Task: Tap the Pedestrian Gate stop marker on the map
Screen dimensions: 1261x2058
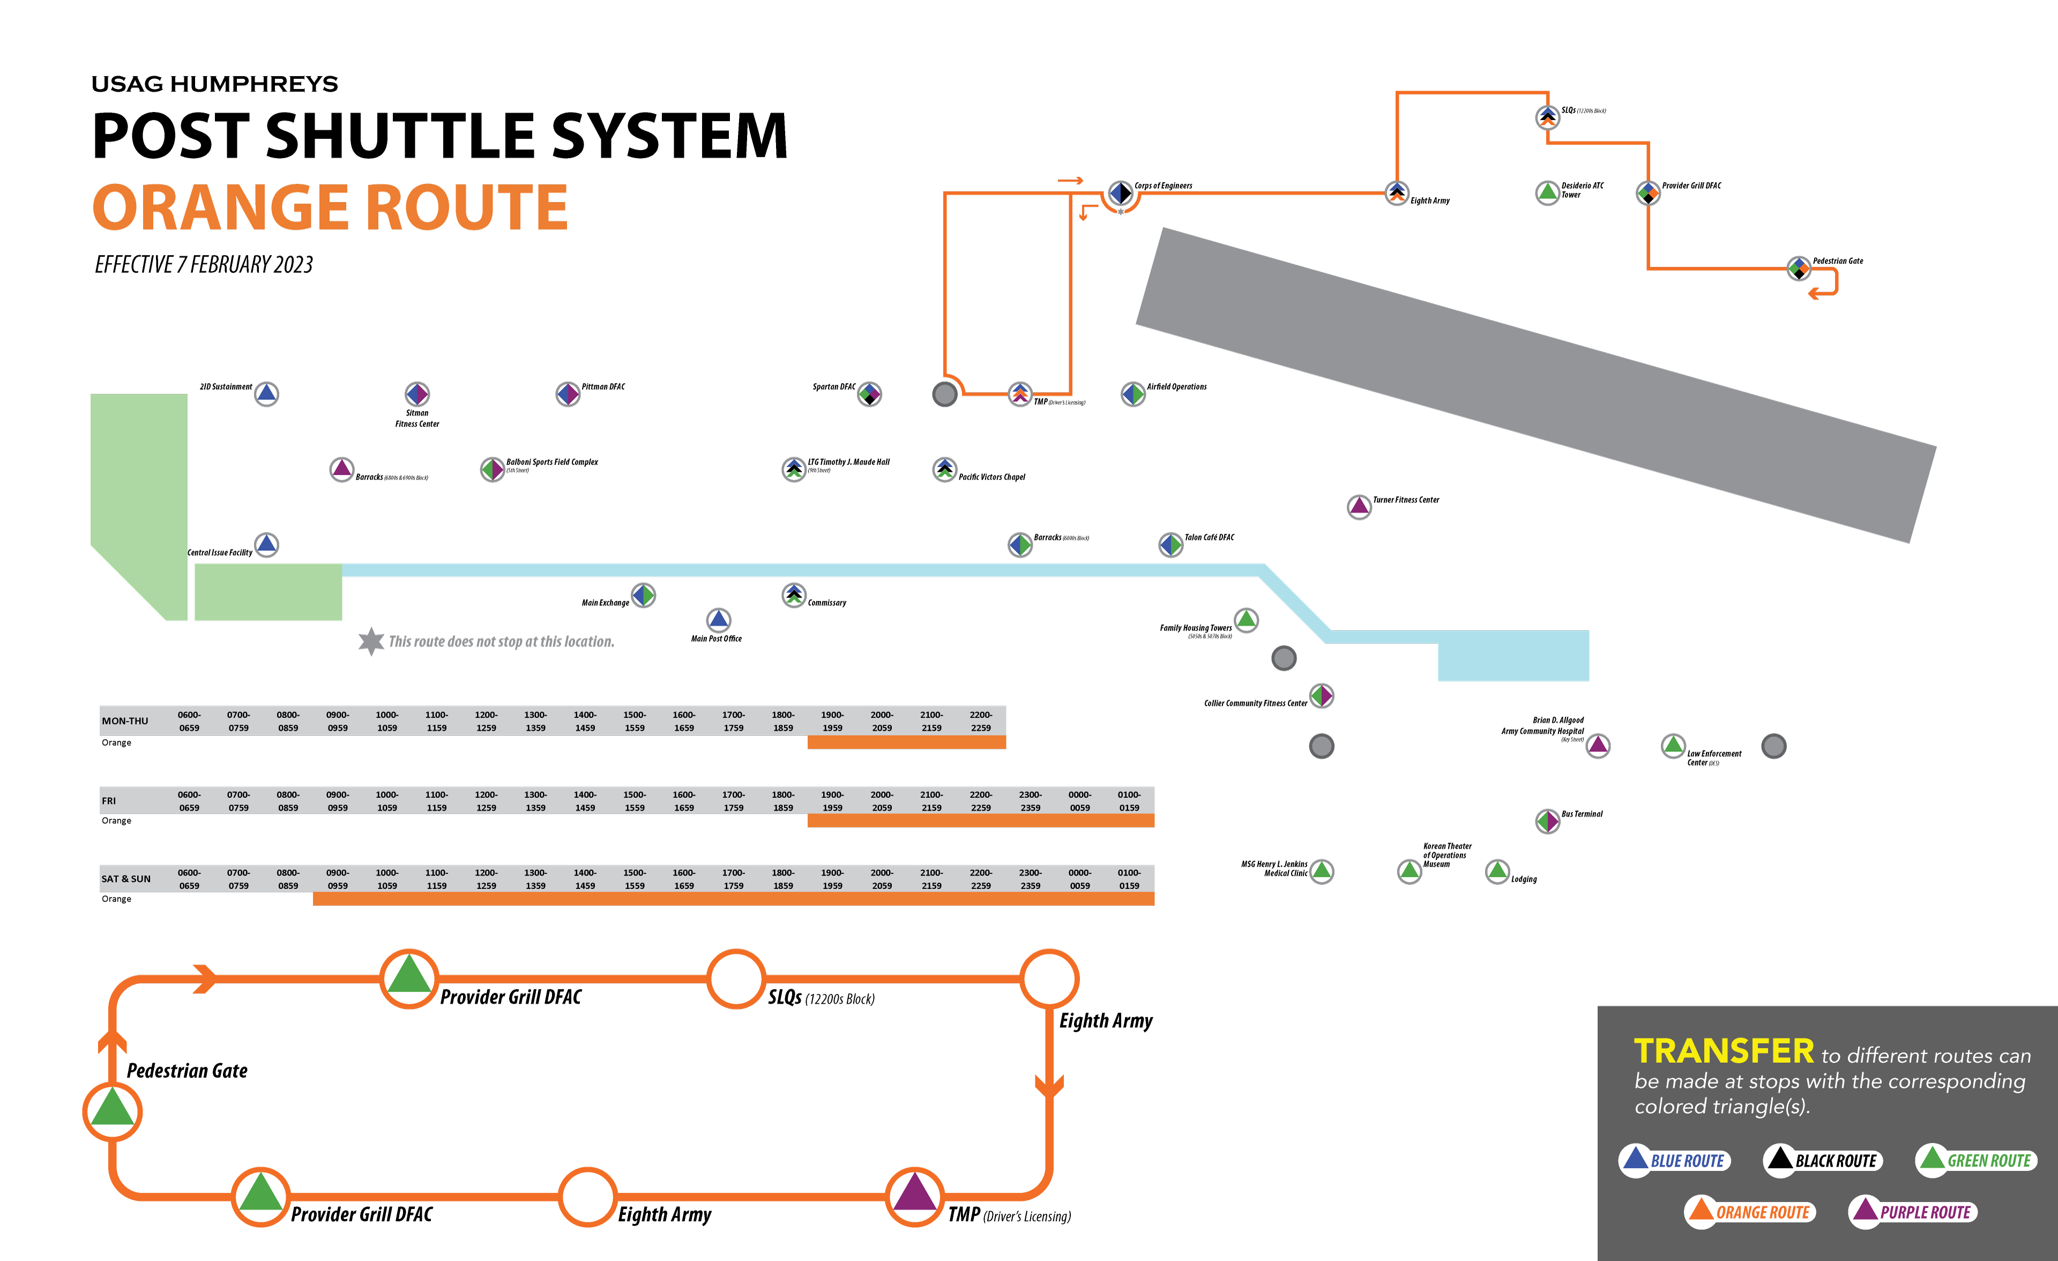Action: click(x=1798, y=268)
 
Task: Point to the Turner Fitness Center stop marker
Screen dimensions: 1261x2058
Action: click(x=1359, y=506)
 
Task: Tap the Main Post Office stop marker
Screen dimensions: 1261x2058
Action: click(x=718, y=620)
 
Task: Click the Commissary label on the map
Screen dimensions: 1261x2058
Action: click(x=827, y=603)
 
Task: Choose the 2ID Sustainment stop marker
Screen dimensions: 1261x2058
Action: click(x=266, y=393)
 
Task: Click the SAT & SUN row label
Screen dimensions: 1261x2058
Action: click(x=126, y=878)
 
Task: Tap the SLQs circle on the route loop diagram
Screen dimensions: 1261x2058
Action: click(x=736, y=979)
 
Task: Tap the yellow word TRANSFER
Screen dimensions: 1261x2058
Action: click(x=1723, y=1051)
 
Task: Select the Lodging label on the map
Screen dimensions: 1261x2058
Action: click(x=1524, y=879)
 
